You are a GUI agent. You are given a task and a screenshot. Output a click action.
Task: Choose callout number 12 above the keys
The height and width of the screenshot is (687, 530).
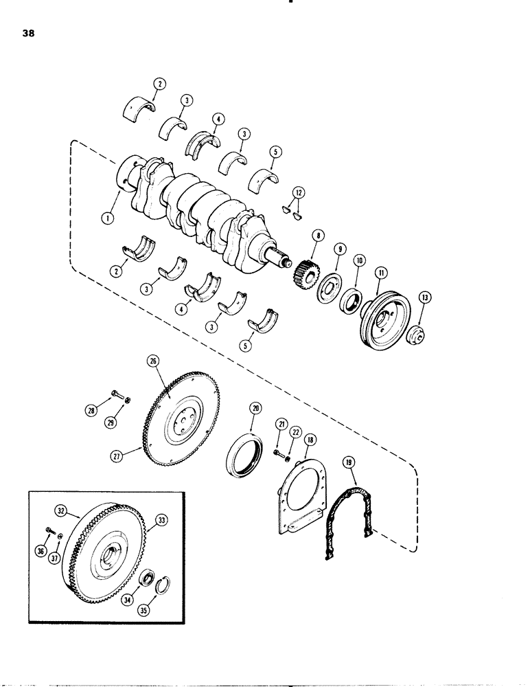coord(295,192)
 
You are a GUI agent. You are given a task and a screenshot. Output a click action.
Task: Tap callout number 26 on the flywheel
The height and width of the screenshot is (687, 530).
coord(152,359)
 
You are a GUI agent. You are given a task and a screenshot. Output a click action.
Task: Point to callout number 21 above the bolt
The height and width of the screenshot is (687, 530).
coord(279,427)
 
